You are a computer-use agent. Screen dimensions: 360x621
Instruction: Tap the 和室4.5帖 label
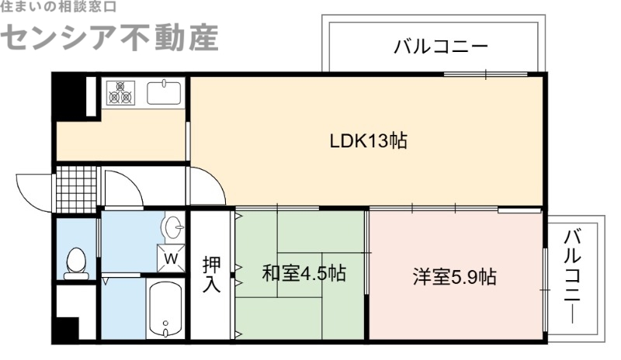coord(304,274)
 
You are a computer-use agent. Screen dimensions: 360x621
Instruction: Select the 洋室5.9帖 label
coord(455,276)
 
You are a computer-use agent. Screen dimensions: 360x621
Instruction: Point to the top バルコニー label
coord(440,46)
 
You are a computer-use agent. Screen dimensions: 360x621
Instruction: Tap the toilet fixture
coord(76,264)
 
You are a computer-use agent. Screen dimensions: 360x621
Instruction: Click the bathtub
coord(166,310)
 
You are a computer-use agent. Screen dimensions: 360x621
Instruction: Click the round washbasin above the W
coord(173,229)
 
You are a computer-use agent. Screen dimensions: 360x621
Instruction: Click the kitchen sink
coord(164,93)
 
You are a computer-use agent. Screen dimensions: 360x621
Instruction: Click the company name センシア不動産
coord(109,37)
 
